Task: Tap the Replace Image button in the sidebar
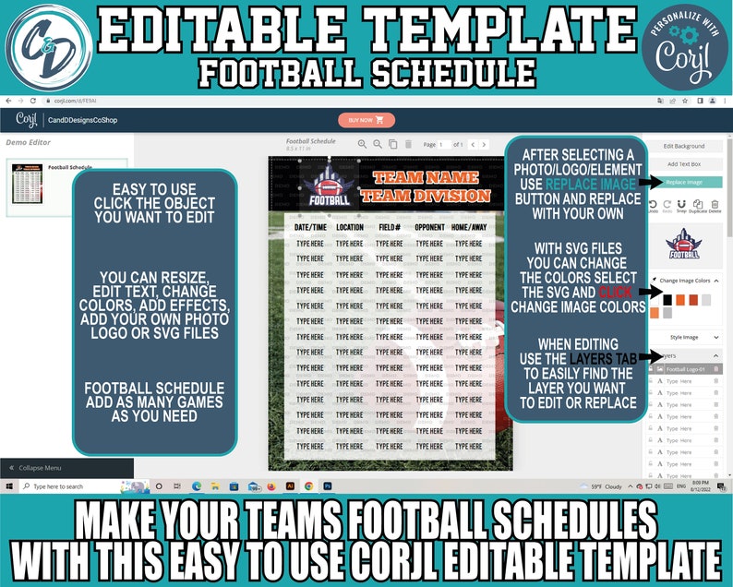(683, 182)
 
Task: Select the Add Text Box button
(683, 164)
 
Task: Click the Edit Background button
(683, 146)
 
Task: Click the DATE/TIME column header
(310, 227)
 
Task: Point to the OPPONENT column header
(430, 227)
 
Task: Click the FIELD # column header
(390, 227)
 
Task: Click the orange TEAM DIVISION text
(425, 195)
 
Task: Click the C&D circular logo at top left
(47, 47)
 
